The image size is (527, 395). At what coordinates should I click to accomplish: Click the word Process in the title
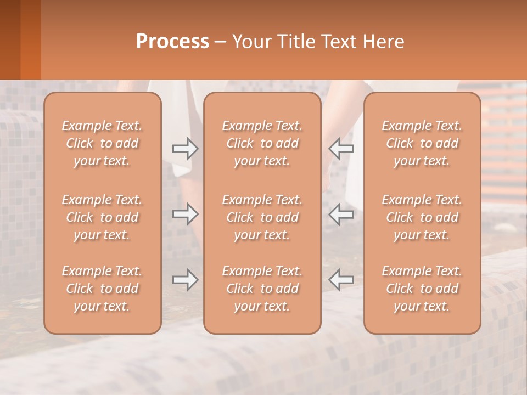coord(172,42)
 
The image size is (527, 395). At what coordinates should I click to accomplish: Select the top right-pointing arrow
coord(185,148)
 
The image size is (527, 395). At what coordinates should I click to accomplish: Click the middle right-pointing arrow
coord(185,214)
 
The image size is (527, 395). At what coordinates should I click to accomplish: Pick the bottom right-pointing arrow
coord(185,280)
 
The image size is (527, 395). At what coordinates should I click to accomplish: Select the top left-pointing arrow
coord(341,148)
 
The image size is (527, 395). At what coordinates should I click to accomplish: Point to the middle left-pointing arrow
coord(341,214)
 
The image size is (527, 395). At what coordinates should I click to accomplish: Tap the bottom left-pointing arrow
coord(341,280)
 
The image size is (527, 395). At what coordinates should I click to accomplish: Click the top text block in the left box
coord(102,143)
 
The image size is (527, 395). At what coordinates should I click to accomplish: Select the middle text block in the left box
coord(102,217)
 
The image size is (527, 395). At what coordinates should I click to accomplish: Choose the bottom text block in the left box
coord(102,289)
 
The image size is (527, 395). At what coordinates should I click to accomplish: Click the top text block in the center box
coord(262,143)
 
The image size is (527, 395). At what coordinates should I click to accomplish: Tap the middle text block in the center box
coord(262,217)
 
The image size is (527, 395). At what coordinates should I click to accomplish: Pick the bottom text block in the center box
coord(262,289)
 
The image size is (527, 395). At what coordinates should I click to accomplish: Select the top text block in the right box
coord(422,143)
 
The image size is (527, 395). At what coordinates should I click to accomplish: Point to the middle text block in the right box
coord(422,217)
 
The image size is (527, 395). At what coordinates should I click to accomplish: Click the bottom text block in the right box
coord(422,289)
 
